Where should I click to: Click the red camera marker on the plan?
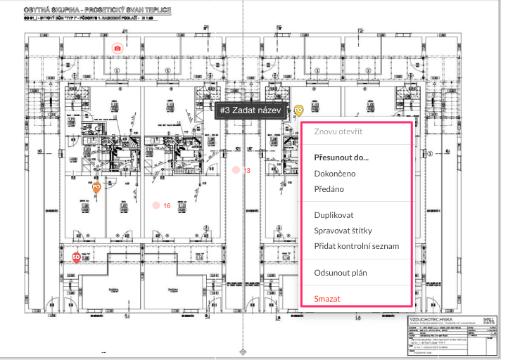pyautogui.click(x=118, y=48)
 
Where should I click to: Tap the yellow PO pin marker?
pyautogui.click(x=298, y=110)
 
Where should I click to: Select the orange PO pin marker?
pyautogui.click(x=96, y=187)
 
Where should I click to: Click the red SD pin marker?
pyautogui.click(x=76, y=257)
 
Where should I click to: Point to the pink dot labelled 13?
pyautogui.click(x=236, y=170)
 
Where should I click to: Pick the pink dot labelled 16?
pyautogui.click(x=155, y=205)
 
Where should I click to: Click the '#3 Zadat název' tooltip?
pyautogui.click(x=250, y=110)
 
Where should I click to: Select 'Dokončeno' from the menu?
pyautogui.click(x=335, y=173)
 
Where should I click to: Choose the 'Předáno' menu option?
pyautogui.click(x=330, y=188)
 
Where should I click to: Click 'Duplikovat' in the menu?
pyautogui.click(x=334, y=214)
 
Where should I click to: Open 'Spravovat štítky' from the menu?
pyautogui.click(x=343, y=230)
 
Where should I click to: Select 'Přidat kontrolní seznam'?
pyautogui.click(x=357, y=245)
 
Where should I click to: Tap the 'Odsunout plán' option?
pyautogui.click(x=341, y=272)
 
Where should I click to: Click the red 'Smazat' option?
pyautogui.click(x=327, y=298)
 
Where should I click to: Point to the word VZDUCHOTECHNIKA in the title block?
pyautogui.click(x=431, y=320)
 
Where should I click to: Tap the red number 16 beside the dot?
pyautogui.click(x=167, y=205)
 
